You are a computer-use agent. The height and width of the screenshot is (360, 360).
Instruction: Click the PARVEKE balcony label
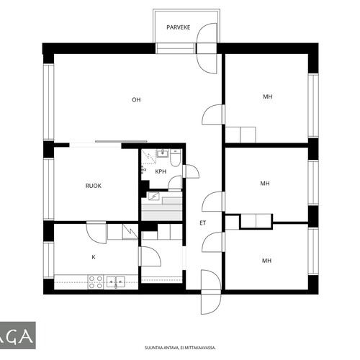pos(179,27)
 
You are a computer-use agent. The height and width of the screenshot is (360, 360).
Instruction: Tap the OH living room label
pos(136,100)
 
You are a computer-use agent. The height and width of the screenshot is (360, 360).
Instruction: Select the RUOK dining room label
pos(94,186)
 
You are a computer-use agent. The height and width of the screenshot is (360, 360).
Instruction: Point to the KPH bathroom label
pos(161,171)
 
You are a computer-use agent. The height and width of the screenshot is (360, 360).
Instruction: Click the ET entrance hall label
pos(203,223)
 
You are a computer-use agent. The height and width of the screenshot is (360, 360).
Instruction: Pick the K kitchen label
pos(94,257)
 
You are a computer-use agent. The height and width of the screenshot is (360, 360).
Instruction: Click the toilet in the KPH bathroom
pos(176,158)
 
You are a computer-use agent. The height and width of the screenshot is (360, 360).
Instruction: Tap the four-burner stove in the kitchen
pos(96,282)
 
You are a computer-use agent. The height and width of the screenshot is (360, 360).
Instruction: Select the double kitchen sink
pos(116,282)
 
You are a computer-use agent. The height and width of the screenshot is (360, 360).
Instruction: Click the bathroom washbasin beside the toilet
pos(163,153)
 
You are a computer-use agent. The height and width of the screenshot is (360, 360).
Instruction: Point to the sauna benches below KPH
pos(162,209)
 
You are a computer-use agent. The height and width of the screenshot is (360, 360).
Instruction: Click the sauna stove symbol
pos(153,197)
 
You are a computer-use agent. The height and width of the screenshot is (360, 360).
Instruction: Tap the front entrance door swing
pos(211,292)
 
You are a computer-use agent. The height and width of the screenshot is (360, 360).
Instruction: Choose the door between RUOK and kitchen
pos(96,233)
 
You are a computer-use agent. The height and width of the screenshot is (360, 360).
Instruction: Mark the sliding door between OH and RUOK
pos(121,142)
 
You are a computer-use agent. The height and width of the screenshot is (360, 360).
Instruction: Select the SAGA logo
pos(17,336)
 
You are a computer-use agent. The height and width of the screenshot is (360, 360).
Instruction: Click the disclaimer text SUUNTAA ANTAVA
pos(180,348)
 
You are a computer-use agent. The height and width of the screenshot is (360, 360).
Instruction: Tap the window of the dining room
pos(48,189)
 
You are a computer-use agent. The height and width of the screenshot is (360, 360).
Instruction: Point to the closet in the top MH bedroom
pos(240,135)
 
